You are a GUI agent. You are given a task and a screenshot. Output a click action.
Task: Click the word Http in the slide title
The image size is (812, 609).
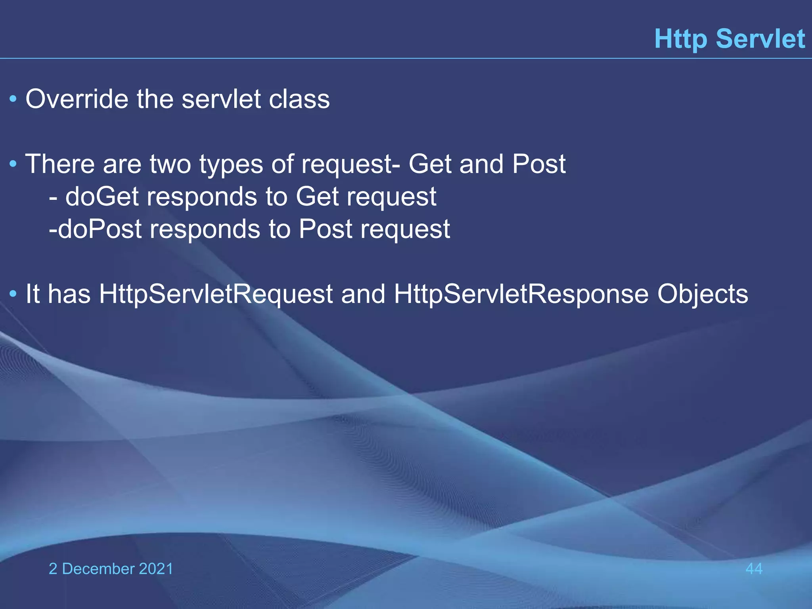(x=680, y=39)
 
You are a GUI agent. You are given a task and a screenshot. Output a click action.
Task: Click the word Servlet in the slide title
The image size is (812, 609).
(x=760, y=39)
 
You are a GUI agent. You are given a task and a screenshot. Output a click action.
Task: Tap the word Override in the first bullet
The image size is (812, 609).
(x=77, y=99)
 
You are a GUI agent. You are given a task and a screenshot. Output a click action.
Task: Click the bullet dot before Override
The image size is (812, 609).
(x=13, y=99)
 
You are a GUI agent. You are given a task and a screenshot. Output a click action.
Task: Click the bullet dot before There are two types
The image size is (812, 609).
(x=13, y=163)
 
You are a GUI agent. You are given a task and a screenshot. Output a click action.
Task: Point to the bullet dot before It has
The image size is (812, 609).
(x=13, y=294)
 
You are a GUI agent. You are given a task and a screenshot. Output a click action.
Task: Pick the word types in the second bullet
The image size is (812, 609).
(x=231, y=165)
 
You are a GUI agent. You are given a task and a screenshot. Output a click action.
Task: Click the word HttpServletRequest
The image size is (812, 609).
(x=216, y=295)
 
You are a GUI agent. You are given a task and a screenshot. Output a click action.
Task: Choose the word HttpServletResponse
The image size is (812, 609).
(x=521, y=295)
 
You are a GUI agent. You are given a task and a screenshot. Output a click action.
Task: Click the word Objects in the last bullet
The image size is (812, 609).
(x=703, y=295)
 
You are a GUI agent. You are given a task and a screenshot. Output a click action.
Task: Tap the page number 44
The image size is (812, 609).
(x=754, y=569)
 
